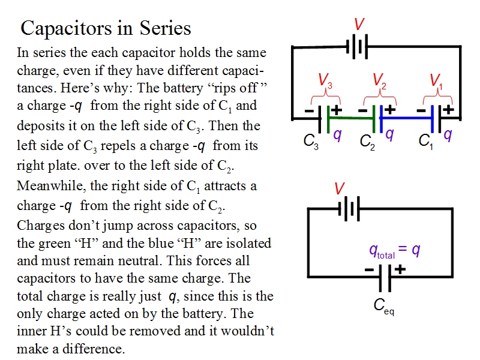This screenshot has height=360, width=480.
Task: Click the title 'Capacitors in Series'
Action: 106,28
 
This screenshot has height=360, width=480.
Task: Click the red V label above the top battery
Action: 359,25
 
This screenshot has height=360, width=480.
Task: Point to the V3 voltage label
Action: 325,80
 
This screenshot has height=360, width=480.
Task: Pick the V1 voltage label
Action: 436,80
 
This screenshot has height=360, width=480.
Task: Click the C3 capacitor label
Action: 310,142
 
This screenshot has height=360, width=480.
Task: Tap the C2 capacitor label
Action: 367,142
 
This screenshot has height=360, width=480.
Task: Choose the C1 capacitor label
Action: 425,142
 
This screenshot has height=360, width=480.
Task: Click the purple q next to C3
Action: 337,134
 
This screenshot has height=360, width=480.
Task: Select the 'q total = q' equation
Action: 394,251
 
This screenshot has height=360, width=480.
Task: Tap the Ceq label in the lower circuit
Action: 383,306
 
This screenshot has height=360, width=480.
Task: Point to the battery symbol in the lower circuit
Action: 349,209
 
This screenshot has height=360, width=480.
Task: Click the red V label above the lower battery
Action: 339,189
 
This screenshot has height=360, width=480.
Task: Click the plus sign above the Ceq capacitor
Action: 399,270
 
